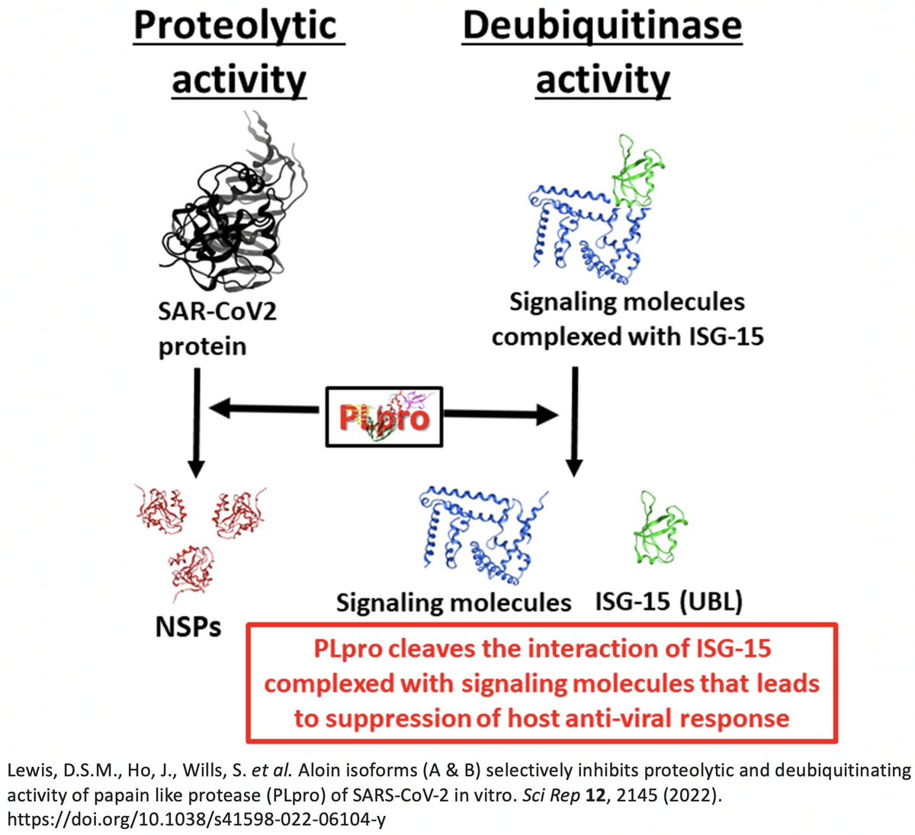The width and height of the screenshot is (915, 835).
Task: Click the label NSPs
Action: tap(188, 626)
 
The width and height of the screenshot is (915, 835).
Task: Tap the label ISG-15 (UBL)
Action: tap(668, 602)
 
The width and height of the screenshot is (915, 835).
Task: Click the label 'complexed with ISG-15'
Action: tap(627, 336)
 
